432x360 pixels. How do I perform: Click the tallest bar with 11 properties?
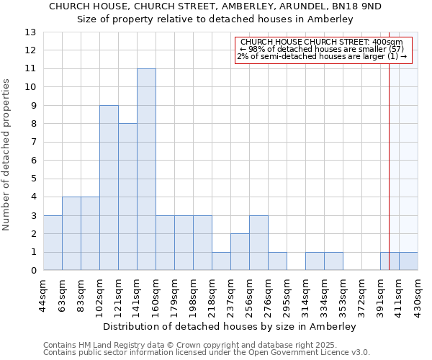point(146,169)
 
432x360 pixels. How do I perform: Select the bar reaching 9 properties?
point(109,188)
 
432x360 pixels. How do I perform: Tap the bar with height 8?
point(127,197)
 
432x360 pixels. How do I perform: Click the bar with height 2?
point(240,252)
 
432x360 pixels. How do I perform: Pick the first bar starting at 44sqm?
point(53,243)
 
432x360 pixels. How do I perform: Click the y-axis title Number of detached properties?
point(7,155)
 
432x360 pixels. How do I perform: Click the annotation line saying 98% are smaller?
point(322,50)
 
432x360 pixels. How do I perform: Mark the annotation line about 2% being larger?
point(322,57)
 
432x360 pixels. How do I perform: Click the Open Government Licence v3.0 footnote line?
point(207,353)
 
